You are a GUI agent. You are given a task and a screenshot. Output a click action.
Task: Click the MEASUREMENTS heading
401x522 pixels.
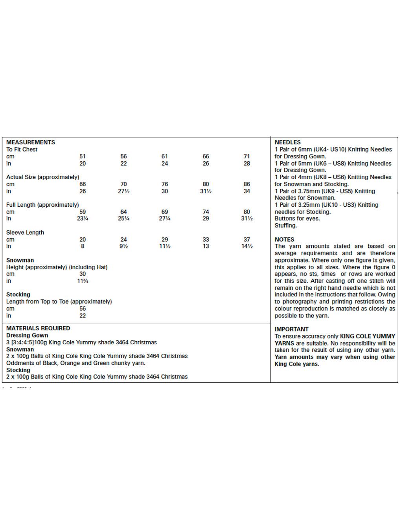point(31,142)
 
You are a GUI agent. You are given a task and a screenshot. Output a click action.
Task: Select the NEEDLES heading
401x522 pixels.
point(287,142)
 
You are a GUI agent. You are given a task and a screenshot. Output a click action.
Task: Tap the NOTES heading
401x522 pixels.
point(284,239)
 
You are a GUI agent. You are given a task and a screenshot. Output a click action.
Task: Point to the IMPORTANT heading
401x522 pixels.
point(291,329)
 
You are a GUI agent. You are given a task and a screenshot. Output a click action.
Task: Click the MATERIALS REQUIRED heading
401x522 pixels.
point(38,328)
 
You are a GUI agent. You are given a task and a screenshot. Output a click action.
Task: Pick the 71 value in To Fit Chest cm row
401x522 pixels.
point(246,156)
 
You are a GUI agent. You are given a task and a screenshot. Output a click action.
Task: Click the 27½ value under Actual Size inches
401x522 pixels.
point(123,191)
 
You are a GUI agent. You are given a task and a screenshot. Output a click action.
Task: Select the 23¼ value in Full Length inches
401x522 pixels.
point(82,219)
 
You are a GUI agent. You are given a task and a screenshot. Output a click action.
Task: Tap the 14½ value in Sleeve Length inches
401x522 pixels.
point(246,246)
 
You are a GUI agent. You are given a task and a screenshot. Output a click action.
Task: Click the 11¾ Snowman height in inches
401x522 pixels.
point(82,281)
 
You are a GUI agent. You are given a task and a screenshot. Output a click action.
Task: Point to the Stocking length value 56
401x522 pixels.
point(82,309)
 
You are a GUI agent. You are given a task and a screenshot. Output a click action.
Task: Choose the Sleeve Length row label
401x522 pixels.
point(25,233)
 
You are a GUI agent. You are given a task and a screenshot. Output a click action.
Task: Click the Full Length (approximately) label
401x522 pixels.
point(42,205)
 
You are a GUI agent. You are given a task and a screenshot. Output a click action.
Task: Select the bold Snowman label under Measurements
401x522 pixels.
point(20,260)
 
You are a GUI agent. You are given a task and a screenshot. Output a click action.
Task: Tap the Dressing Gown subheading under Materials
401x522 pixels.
point(27,335)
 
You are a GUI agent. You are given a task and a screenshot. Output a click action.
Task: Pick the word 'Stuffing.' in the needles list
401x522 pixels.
point(286,226)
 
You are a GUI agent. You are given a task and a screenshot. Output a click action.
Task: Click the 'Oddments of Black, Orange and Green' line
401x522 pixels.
point(76,363)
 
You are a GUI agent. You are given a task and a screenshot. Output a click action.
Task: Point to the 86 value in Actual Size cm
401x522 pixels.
point(246,184)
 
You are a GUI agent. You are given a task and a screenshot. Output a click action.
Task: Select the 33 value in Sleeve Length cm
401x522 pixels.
point(206,239)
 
